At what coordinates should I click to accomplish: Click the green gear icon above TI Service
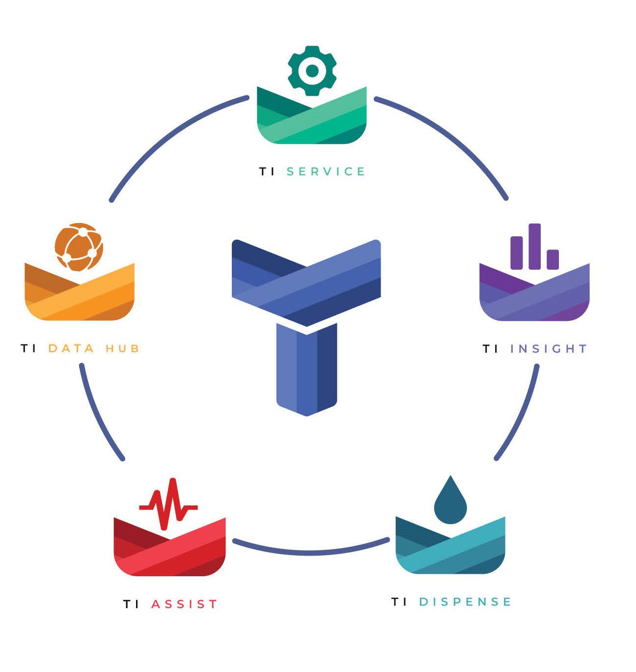point(312,71)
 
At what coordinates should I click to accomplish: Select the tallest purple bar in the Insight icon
point(534,247)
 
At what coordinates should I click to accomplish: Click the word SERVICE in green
point(326,171)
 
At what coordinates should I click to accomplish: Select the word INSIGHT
point(548,349)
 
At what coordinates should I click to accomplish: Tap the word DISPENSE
point(465,602)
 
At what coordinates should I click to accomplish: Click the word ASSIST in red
point(184,604)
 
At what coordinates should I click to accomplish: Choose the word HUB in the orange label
point(122,348)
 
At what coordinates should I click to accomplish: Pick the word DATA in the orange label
point(71,348)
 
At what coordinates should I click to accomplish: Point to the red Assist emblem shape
point(169,551)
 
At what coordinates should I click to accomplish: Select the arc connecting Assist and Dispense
point(310,552)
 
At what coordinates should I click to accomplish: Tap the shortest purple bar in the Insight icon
point(553,259)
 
